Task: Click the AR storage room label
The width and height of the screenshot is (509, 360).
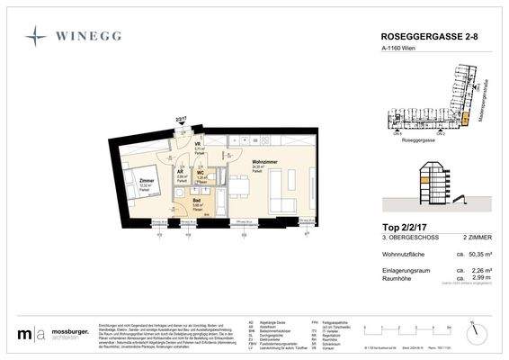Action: pos(182,172)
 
